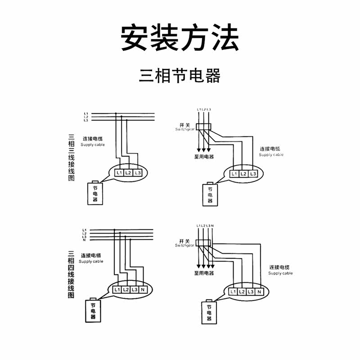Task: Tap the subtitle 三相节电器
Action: point(180,76)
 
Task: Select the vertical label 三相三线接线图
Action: point(71,157)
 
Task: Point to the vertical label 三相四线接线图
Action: point(71,275)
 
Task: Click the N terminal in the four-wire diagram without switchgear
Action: point(143,290)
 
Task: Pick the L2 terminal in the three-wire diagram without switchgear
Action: point(127,173)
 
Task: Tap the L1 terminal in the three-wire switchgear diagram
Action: point(234,174)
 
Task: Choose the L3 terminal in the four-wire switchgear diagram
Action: point(251,292)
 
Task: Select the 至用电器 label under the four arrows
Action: point(204,273)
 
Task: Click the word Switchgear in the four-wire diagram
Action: point(184,246)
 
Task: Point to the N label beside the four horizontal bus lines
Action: point(84,240)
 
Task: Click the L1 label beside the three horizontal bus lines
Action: point(85,113)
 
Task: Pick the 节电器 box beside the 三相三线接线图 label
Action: point(94,193)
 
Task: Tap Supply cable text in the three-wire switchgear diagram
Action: point(271,155)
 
